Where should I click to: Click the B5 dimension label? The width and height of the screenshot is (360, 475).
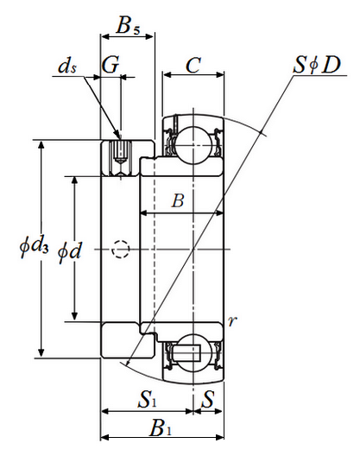pos(128,25)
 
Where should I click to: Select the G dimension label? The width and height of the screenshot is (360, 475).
pos(110,65)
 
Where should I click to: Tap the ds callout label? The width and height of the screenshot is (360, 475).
pos(67,66)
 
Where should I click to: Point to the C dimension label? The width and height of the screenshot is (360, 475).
pos(193,65)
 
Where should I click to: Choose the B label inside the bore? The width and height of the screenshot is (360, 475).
pos(178,200)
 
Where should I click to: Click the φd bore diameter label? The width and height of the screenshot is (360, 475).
pos(70,250)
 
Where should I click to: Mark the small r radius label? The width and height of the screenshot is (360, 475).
pos(231,321)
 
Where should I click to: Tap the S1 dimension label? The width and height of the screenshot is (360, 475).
pos(148,398)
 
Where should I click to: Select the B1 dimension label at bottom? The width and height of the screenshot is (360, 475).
pos(161,428)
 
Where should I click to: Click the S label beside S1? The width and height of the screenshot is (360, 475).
pos(208,398)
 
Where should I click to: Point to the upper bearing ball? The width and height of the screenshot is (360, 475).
pos(193,144)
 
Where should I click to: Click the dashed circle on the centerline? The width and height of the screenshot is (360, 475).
pos(121,250)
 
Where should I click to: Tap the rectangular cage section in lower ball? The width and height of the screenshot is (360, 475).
pos(187,353)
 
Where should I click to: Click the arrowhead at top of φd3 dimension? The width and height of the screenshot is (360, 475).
pos(41,146)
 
